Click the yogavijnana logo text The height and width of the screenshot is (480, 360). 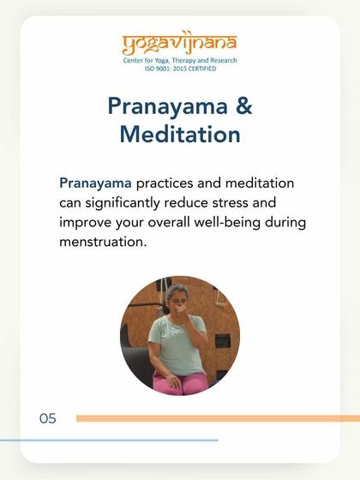[179, 43]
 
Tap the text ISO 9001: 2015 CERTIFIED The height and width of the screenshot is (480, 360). [179, 69]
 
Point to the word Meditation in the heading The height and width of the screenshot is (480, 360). [180, 135]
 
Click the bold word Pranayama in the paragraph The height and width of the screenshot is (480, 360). [95, 183]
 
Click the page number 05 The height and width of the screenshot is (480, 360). [47, 418]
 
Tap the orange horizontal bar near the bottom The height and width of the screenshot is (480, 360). [214, 418]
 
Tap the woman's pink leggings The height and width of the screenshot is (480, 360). [180, 382]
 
